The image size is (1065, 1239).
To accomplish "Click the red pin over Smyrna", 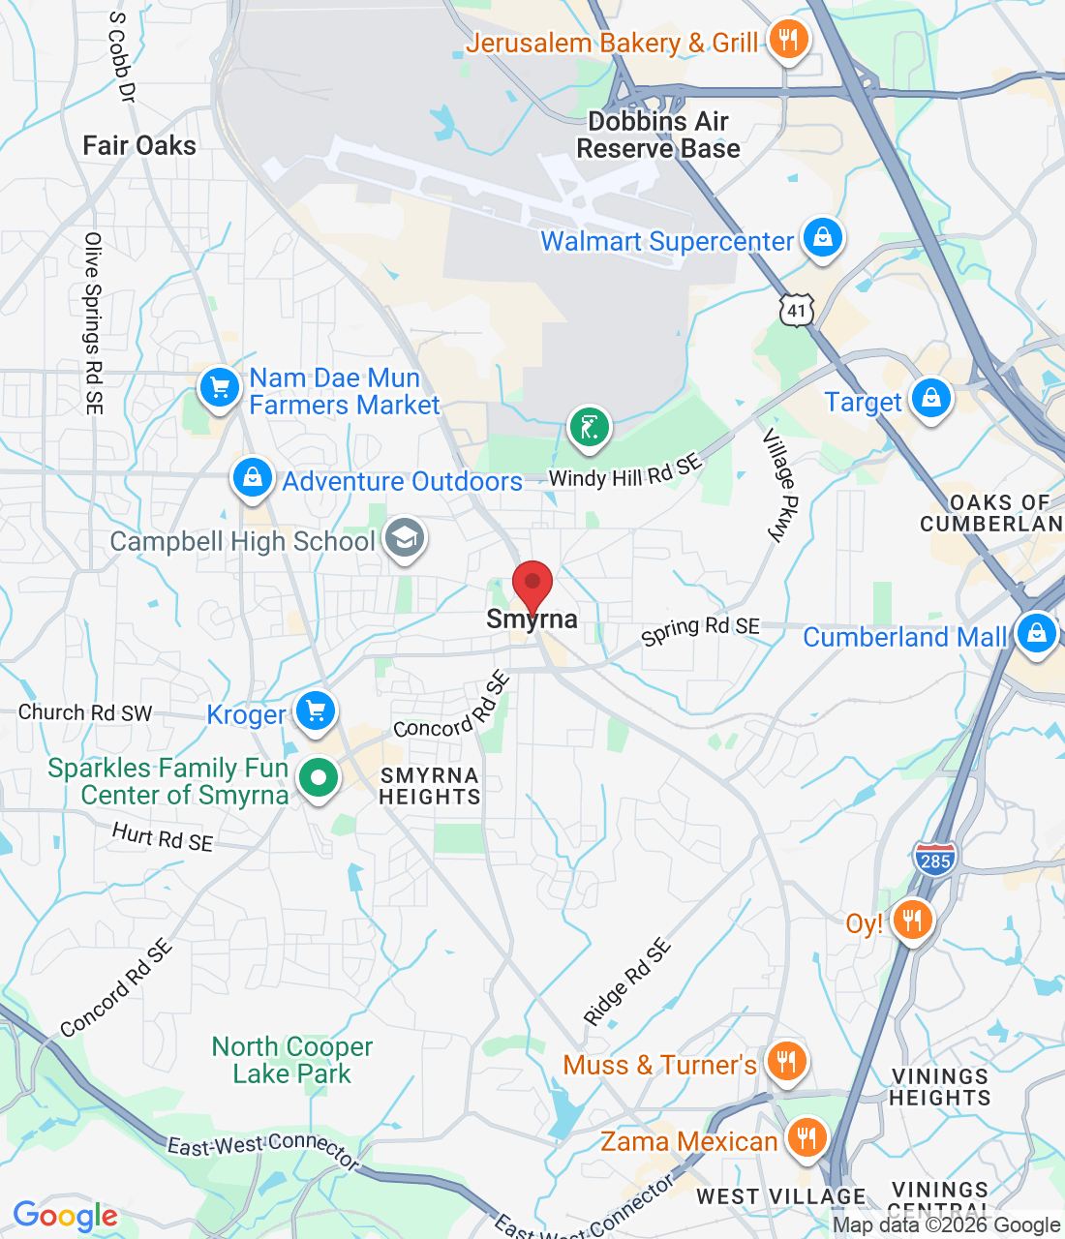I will pyautogui.click(x=532, y=584).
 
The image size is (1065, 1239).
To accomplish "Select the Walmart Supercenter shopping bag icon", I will pyautogui.click(x=822, y=237).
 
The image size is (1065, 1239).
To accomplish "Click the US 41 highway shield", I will pyautogui.click(x=796, y=310).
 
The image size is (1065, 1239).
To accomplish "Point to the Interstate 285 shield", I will pyautogui.click(x=934, y=859).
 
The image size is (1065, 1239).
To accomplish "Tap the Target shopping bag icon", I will pyautogui.click(x=930, y=399).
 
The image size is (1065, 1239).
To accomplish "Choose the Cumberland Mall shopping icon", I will pyautogui.click(x=1036, y=634).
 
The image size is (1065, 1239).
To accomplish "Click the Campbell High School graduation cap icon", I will pyautogui.click(x=404, y=537).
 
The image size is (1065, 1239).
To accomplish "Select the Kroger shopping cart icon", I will pyautogui.click(x=315, y=711).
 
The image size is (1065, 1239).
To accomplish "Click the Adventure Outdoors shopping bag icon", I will pyautogui.click(x=252, y=478).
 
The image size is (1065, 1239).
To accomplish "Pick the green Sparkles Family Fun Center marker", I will pyautogui.click(x=318, y=777).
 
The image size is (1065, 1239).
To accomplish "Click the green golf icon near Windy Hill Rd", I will pyautogui.click(x=589, y=427).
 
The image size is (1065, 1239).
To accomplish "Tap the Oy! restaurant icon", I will pyautogui.click(x=912, y=920).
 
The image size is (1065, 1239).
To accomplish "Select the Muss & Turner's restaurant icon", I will pyautogui.click(x=786, y=1062).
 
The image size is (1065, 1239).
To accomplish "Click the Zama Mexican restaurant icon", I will pyautogui.click(x=806, y=1138).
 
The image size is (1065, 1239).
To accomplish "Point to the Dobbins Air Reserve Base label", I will pyautogui.click(x=658, y=135).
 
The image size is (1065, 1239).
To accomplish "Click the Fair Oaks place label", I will pyautogui.click(x=139, y=145).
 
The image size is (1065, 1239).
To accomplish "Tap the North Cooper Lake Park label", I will pyautogui.click(x=292, y=1060).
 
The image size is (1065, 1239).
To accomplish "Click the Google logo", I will pyautogui.click(x=65, y=1216).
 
